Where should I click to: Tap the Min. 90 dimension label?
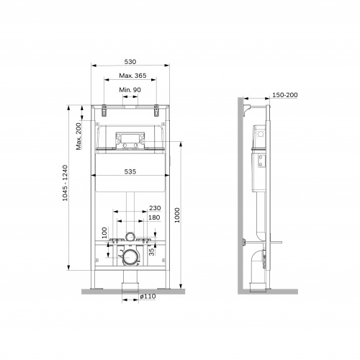tap(130, 90)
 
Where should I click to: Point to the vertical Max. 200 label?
tap(78, 136)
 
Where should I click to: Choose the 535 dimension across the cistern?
tap(130, 173)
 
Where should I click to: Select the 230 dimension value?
tap(154, 208)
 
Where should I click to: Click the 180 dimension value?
tap(154, 218)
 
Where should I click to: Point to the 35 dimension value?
tap(151, 251)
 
